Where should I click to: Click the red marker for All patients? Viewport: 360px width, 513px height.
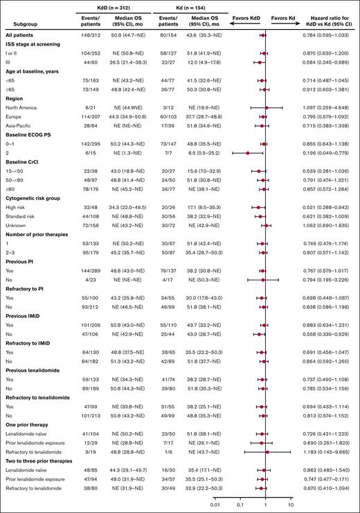coord(263,34)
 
